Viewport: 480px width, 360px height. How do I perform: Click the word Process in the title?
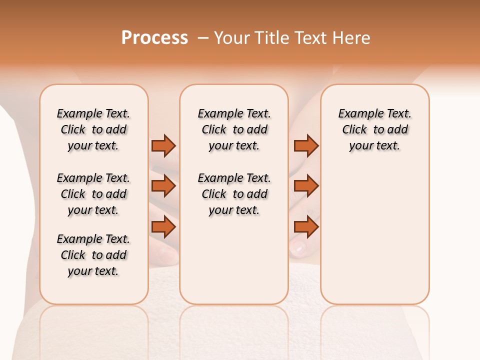pyautogui.click(x=154, y=38)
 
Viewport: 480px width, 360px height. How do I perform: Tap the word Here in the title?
pyautogui.click(x=352, y=38)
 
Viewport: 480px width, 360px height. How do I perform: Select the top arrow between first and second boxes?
pyautogui.click(x=163, y=145)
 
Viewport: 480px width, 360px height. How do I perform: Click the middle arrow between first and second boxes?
pyautogui.click(x=163, y=186)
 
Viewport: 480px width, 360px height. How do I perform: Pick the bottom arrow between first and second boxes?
pyautogui.click(x=163, y=227)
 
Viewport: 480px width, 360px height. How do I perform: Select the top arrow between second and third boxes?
pyautogui.click(x=306, y=145)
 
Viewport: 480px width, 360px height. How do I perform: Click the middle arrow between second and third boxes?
pyautogui.click(x=306, y=186)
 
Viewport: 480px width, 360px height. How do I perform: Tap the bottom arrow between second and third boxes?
pyautogui.click(x=306, y=227)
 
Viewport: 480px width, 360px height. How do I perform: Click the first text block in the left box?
pyautogui.click(x=93, y=129)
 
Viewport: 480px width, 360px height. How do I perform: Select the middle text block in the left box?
pyautogui.click(x=93, y=194)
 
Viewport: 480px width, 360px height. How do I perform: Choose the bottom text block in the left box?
pyautogui.click(x=93, y=255)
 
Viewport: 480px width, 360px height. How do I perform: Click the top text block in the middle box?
pyautogui.click(x=234, y=129)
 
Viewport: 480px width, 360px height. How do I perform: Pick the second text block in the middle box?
pyautogui.click(x=234, y=194)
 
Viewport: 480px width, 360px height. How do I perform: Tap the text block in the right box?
pyautogui.click(x=374, y=129)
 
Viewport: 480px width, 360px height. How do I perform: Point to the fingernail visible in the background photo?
pyautogui.click(x=299, y=246)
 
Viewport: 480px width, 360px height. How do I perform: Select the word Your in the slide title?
pyautogui.click(x=230, y=38)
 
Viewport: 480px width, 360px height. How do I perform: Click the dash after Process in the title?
pyautogui.click(x=203, y=38)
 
